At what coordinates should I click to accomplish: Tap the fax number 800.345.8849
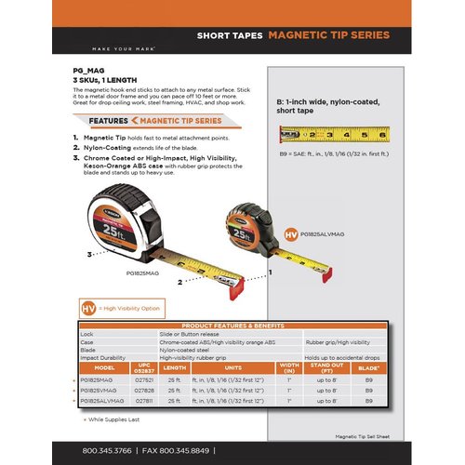pos(180,451)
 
